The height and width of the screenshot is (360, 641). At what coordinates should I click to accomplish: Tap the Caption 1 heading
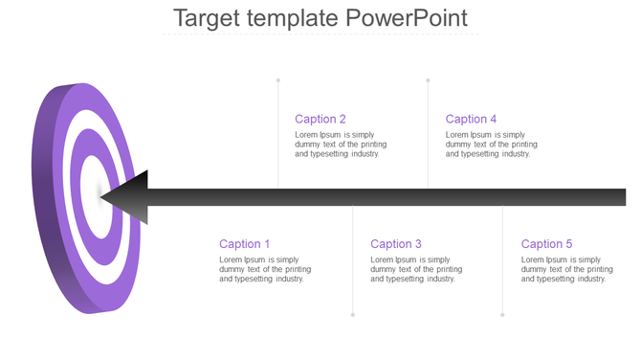(245, 244)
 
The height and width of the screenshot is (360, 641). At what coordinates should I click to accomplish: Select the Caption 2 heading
(320, 119)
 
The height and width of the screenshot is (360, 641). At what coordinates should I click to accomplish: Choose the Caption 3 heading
(396, 244)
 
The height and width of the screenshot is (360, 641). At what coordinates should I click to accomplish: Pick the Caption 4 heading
(472, 119)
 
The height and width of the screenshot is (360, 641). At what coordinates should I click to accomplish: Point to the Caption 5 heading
(547, 244)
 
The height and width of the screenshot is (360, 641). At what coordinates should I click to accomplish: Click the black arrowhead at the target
(129, 197)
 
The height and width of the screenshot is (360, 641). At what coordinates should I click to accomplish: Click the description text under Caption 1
(265, 269)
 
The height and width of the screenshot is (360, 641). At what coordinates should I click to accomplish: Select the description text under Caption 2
(341, 144)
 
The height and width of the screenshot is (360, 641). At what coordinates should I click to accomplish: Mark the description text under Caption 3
(416, 269)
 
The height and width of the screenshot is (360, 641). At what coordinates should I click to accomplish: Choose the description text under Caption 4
(492, 144)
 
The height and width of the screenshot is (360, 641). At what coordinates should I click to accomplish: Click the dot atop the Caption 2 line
(278, 80)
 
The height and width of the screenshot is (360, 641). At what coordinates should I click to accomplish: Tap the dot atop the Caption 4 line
(428, 80)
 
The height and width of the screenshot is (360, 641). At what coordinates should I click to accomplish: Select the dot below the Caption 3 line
(353, 314)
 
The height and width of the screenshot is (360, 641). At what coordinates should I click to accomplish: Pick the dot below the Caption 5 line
(502, 314)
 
